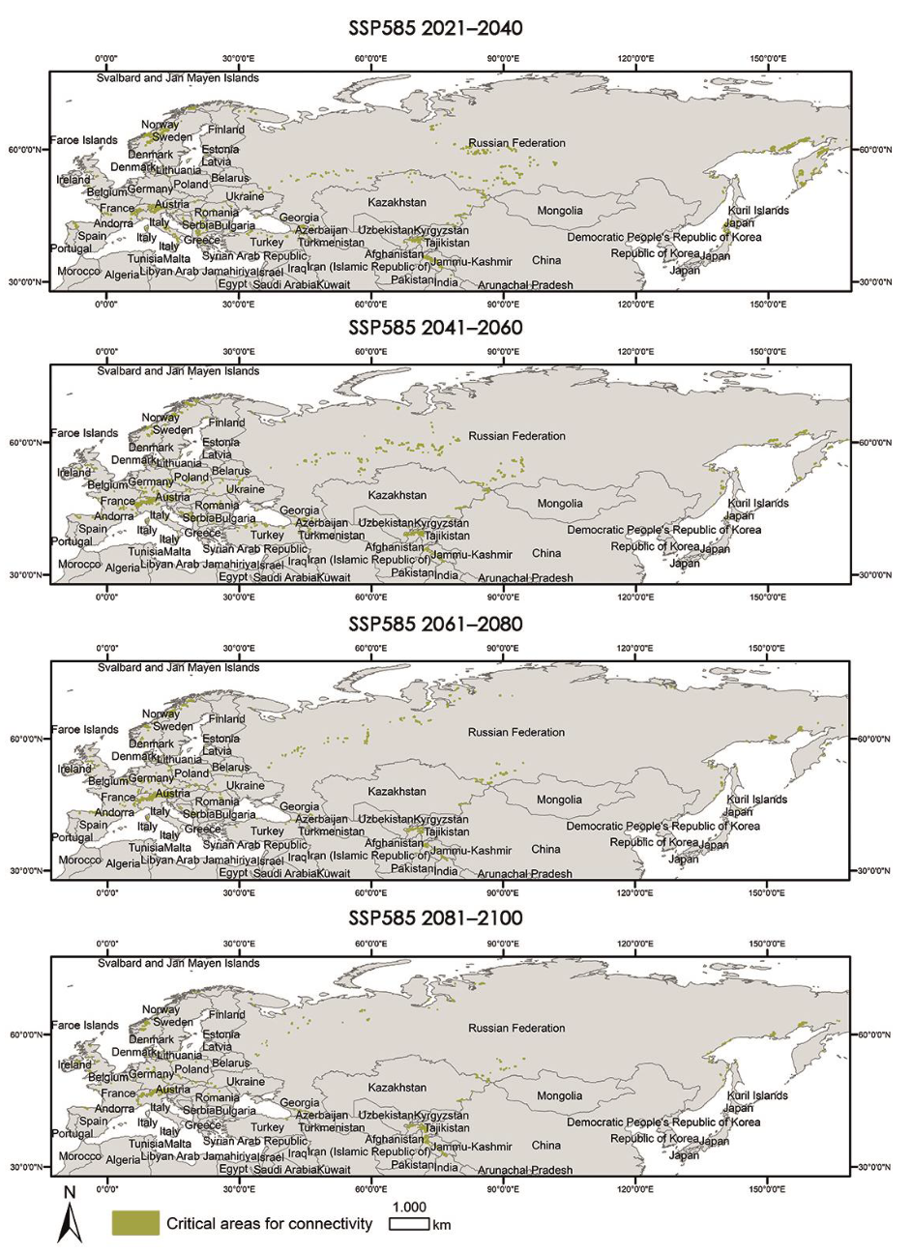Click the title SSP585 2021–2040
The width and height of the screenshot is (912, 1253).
[x=435, y=28]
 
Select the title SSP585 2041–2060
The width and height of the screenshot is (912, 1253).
[x=435, y=328]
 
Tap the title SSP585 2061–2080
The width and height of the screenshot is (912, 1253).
[x=435, y=624]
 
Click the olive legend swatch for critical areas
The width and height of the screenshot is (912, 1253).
[x=134, y=1223]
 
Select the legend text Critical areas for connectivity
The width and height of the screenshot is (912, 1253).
[x=269, y=1223]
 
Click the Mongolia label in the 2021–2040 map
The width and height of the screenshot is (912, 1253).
[x=560, y=210]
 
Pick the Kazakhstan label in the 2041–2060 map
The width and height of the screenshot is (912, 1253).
[x=397, y=495]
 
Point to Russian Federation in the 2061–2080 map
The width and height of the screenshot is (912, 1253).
[x=516, y=732]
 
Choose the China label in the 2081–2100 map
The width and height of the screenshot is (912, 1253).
[x=545, y=1145]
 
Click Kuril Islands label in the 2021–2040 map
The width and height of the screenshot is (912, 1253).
[x=757, y=210]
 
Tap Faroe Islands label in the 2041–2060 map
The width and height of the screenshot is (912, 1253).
[x=84, y=433]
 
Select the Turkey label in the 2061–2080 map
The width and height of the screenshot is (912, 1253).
[x=267, y=830]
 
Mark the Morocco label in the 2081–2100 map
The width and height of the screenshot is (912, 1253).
[x=79, y=1155]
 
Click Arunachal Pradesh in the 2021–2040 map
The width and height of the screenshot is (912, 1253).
[x=525, y=285]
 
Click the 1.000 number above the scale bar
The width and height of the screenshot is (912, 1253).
[x=409, y=1207]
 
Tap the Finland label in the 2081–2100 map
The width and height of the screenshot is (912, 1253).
[x=226, y=1014]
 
